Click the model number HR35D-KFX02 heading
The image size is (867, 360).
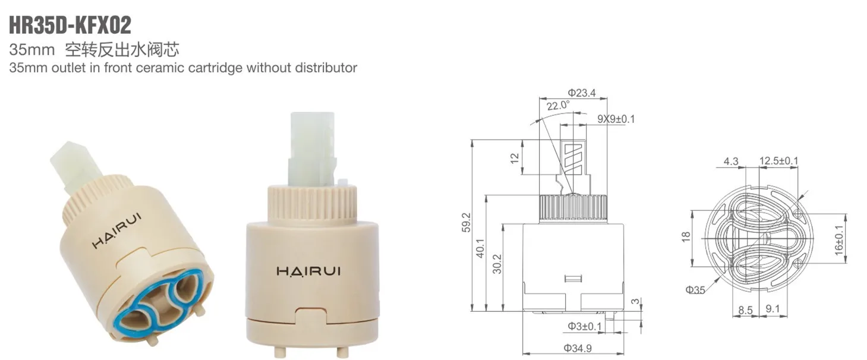pos(71,26)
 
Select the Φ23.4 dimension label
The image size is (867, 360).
pos(581,93)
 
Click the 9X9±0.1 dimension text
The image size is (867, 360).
pos(616,119)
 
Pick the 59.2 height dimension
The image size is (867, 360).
pos(466,223)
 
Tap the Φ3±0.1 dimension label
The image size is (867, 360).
pos(585,326)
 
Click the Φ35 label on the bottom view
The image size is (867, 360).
pos(695,290)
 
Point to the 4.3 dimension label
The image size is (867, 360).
pos(731,161)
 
